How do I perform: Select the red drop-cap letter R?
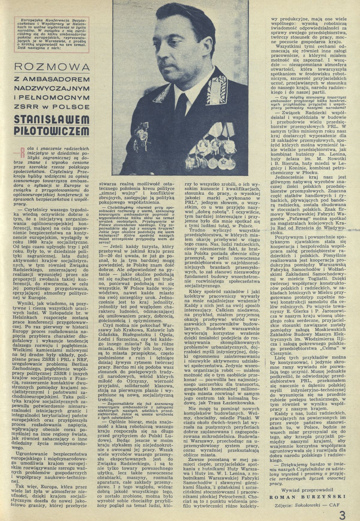tap(22, 152)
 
